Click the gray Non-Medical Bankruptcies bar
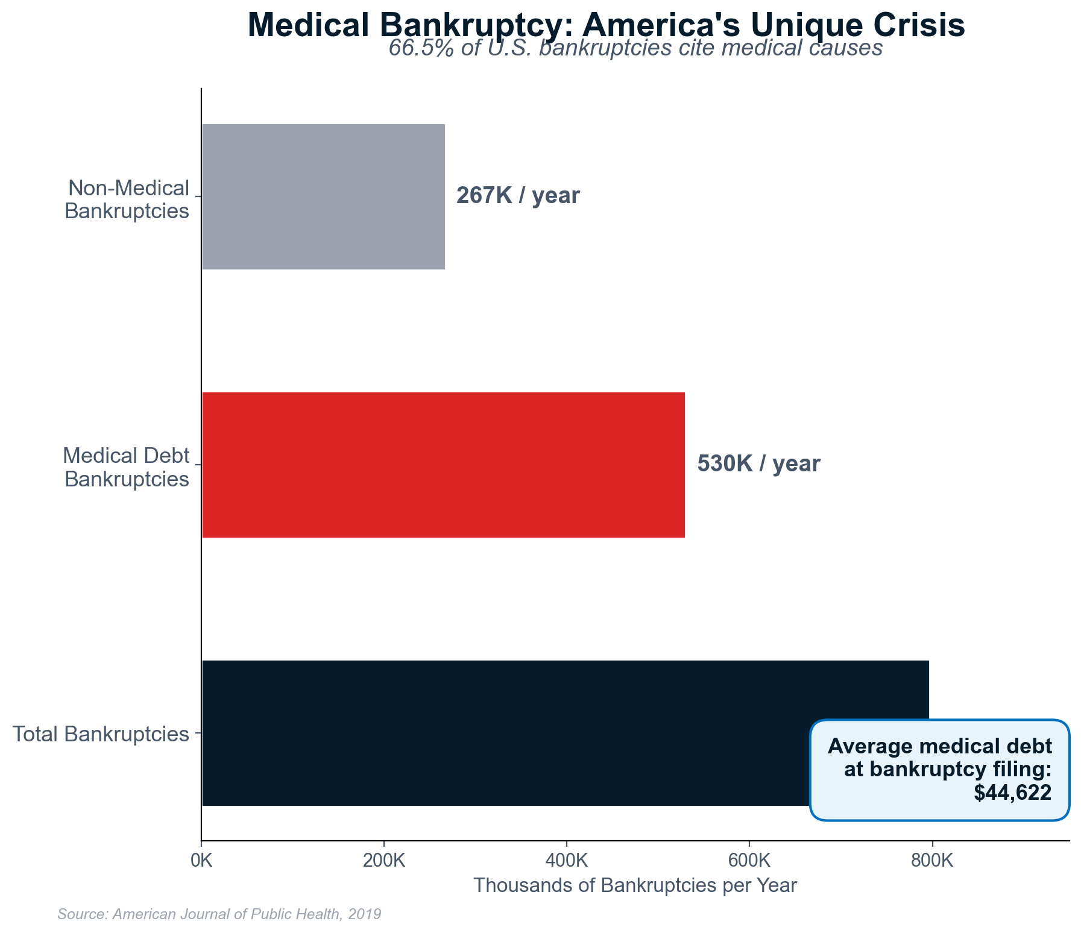click(x=323, y=196)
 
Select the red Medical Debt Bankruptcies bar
click(x=443, y=465)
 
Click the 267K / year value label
click(x=518, y=196)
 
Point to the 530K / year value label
click(x=758, y=464)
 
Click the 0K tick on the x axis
click(x=201, y=861)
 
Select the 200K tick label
click(x=384, y=861)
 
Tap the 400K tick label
click(x=567, y=861)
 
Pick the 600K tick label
click(x=749, y=861)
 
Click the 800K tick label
click(x=932, y=861)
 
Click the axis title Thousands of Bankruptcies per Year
click(x=635, y=886)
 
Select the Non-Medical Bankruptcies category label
click(x=127, y=199)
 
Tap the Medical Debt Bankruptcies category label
click(x=127, y=467)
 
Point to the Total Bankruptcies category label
click(x=101, y=735)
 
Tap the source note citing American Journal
click(x=219, y=914)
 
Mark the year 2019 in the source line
click(x=365, y=914)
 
